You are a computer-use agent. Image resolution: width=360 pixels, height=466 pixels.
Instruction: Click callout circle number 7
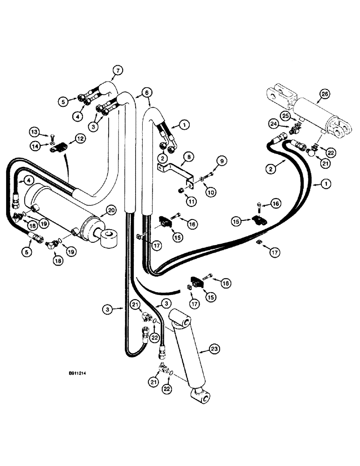pos(117,71)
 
